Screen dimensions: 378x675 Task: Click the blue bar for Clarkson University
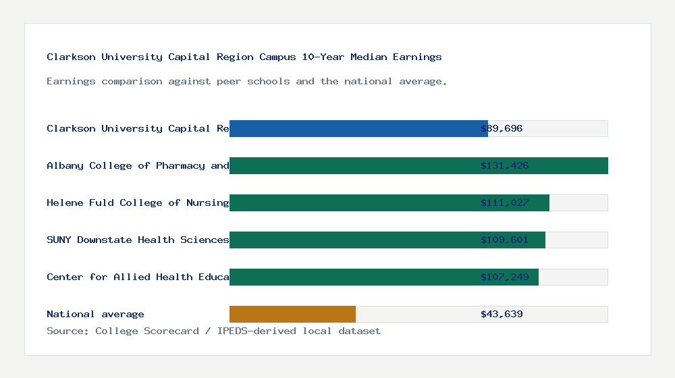coord(358,128)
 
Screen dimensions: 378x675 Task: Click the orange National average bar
coord(292,314)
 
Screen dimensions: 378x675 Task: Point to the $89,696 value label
coord(502,128)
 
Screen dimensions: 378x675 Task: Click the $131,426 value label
coord(504,165)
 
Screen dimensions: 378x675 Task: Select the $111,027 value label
coord(504,202)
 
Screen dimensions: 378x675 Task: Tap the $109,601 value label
coord(504,240)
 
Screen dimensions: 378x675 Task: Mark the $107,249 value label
coord(504,277)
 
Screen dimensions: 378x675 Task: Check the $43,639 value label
coord(502,314)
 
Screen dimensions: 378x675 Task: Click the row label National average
coord(95,314)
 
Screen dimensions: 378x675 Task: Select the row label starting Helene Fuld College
coord(138,202)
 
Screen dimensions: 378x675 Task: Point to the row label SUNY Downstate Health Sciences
coord(138,240)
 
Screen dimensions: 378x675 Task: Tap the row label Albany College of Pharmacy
coord(138,165)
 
